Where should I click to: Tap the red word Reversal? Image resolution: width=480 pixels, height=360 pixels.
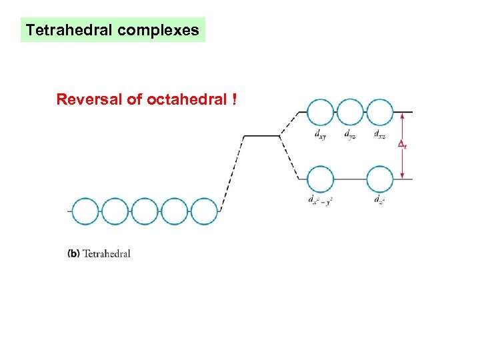pos(85,100)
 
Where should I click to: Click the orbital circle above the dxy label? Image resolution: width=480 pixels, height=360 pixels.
pos(320,112)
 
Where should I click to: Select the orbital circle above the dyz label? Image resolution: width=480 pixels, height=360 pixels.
pos(350,112)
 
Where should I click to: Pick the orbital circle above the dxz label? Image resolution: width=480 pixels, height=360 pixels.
pos(380,112)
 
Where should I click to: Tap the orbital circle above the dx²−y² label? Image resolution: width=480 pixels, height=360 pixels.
pos(320,179)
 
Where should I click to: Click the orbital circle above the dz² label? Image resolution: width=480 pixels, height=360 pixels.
pos(380,179)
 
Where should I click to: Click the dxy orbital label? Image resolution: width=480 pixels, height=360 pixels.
pos(320,133)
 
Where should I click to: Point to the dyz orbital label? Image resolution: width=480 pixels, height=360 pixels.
pos(350,133)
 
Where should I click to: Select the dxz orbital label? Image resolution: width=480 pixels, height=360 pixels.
pos(379,133)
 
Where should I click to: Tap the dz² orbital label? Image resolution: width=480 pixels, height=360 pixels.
pos(379,199)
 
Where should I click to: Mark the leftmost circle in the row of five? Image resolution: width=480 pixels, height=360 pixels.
pos(85,211)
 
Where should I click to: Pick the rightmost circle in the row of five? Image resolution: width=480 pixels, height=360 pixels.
pos(205,211)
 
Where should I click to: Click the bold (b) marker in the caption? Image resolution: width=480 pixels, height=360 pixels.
pos(73,253)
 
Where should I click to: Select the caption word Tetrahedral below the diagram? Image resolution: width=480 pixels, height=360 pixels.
pos(106,253)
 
